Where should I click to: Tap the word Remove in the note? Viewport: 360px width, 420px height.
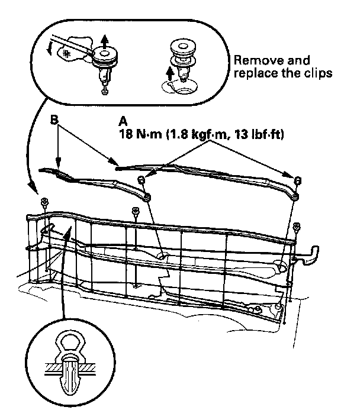(x=254, y=61)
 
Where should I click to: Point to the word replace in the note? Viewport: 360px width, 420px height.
(x=253, y=75)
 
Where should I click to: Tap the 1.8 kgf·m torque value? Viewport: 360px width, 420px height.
(x=193, y=135)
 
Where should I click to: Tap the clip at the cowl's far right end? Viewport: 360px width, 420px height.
(x=297, y=225)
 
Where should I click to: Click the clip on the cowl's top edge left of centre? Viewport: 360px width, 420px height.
(x=136, y=211)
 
